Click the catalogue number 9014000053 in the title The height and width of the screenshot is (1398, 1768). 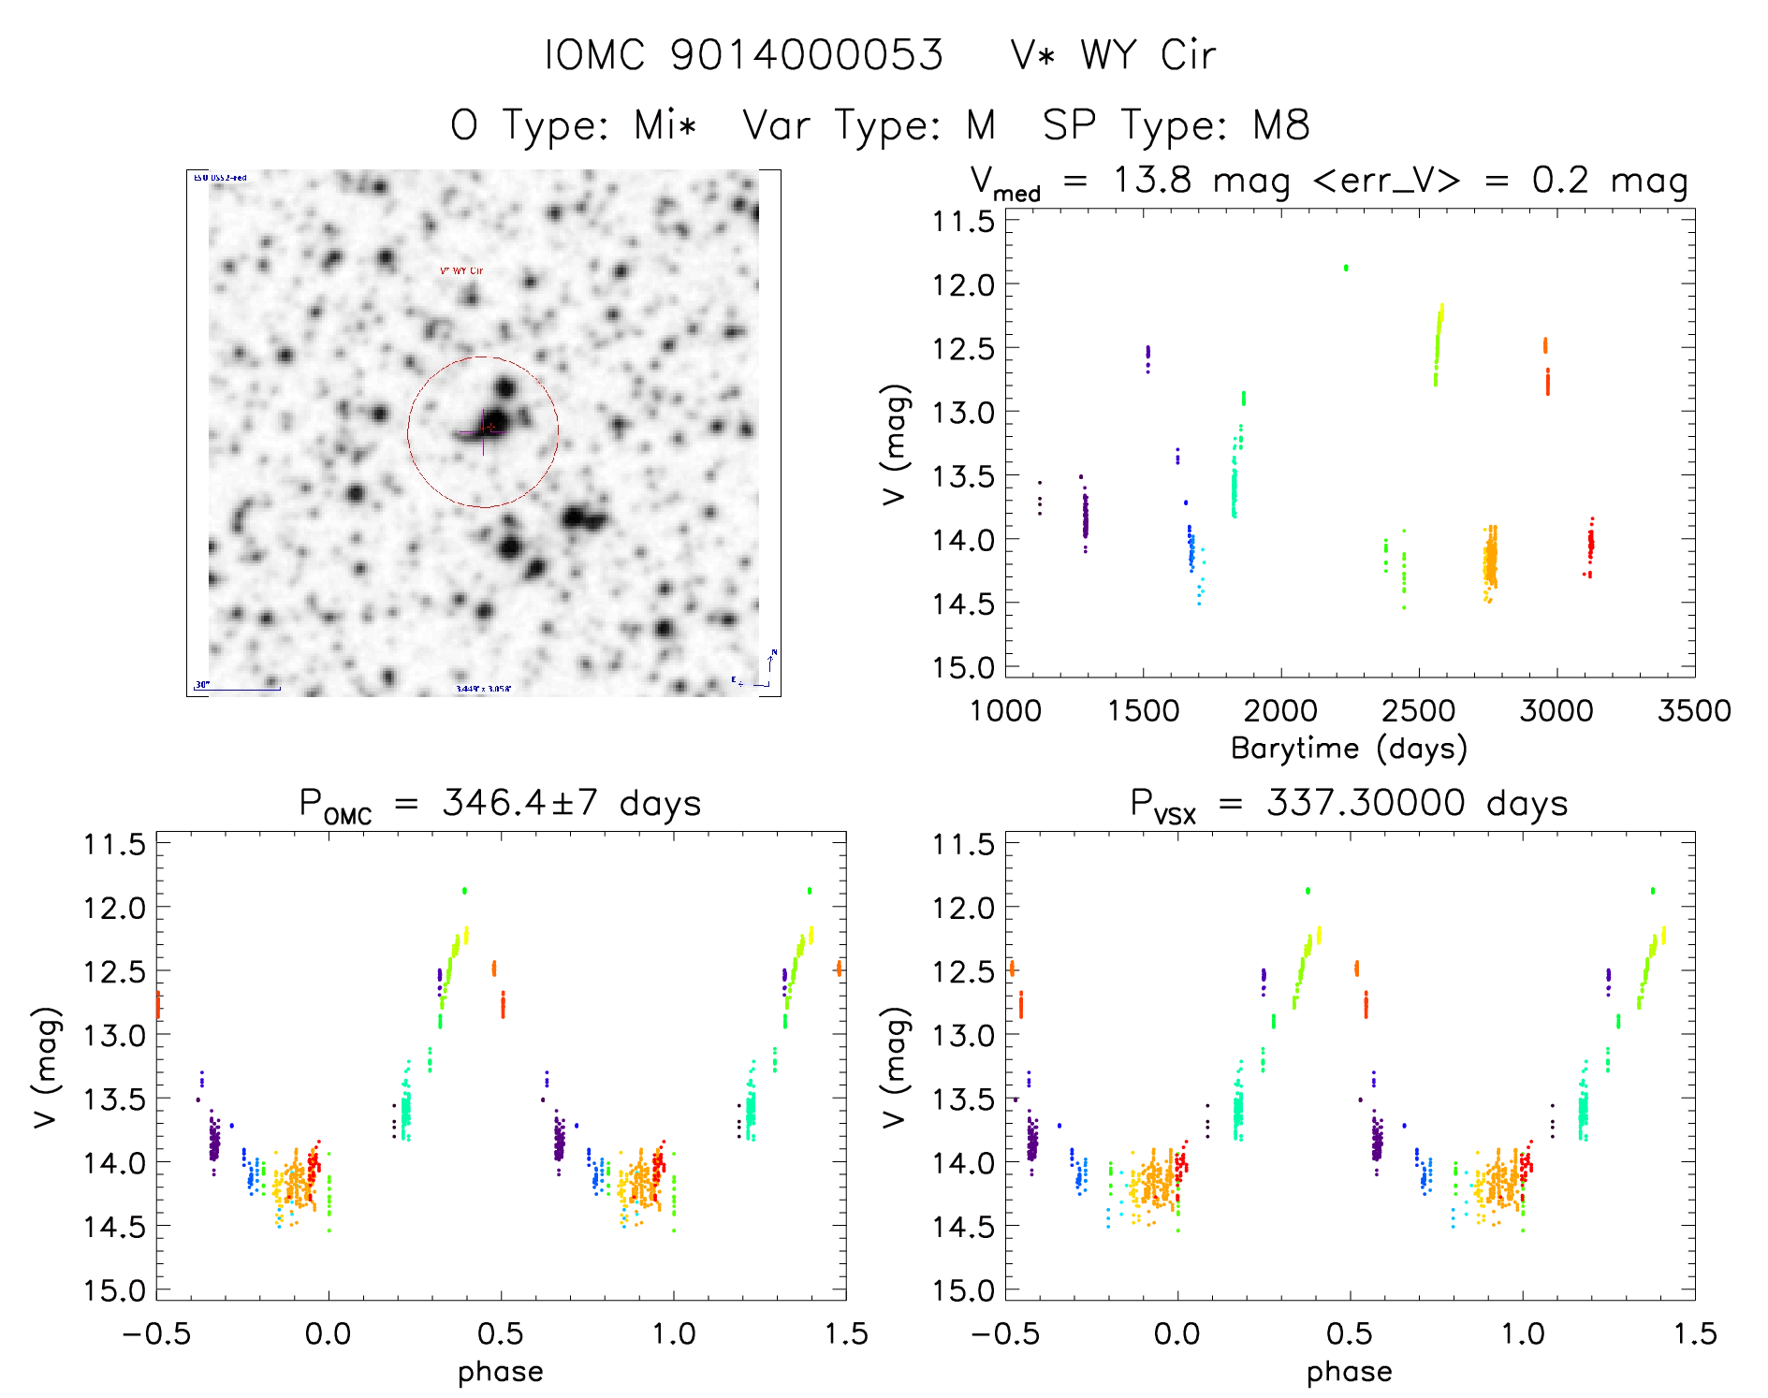pyautogui.click(x=807, y=55)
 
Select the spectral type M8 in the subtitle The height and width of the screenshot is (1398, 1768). pyautogui.click(x=1281, y=125)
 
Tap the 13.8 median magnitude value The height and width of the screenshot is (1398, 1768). pyautogui.click(x=1152, y=179)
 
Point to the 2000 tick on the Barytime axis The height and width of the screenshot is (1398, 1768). pyautogui.click(x=1280, y=711)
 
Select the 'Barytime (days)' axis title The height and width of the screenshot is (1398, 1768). pyautogui.click(x=1349, y=749)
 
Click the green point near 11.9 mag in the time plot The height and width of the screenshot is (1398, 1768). pyautogui.click(x=1346, y=268)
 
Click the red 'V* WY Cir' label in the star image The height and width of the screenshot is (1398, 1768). pyautogui.click(x=461, y=271)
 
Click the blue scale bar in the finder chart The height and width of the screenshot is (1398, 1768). pyautogui.click(x=238, y=690)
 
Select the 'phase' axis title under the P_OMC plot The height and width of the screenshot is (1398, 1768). pyautogui.click(x=501, y=1372)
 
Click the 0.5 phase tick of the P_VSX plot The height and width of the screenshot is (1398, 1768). pyautogui.click(x=1350, y=1333)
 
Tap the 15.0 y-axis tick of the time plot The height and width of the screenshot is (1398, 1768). pyautogui.click(x=962, y=667)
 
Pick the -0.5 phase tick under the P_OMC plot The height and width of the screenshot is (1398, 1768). pyautogui.click(x=156, y=1333)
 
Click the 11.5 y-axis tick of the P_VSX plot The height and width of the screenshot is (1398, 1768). pyautogui.click(x=962, y=844)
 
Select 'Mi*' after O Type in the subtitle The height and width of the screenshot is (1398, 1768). pyautogui.click(x=665, y=125)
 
